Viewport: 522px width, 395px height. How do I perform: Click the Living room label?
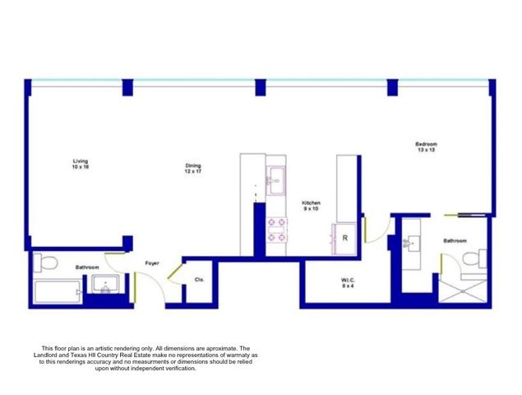coord(81,160)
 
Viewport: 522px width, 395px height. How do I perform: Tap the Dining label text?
coord(192,165)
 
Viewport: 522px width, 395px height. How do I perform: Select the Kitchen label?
coord(311,202)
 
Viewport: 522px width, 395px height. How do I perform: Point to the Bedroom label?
coord(426,143)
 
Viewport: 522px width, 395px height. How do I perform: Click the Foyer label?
coord(152,263)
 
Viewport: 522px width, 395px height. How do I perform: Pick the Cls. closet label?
coord(199,279)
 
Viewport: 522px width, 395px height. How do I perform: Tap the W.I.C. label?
coord(349,281)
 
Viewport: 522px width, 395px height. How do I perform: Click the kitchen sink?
coord(275,177)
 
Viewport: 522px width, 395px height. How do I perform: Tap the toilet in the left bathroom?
coord(45,263)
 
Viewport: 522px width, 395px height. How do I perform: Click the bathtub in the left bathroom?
coord(57,291)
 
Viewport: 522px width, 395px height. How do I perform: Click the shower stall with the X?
coord(465,290)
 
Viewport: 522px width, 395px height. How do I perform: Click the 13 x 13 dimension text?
coord(426,150)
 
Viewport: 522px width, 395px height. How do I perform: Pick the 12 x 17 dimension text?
coord(192,171)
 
